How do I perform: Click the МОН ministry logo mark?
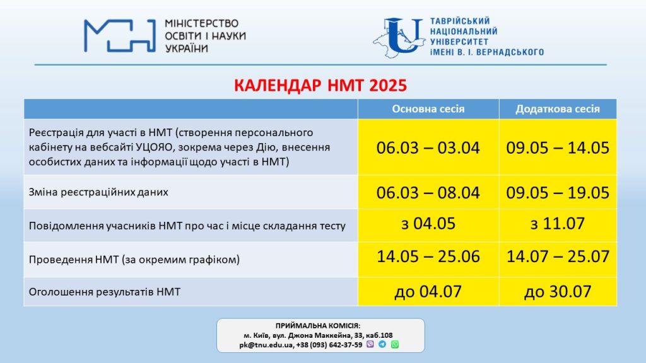(120, 36)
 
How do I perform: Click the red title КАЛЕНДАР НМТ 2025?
(320, 85)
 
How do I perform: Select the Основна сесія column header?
(428, 109)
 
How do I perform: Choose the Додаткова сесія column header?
(558, 109)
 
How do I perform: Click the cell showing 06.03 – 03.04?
(428, 147)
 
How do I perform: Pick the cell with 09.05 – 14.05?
(558, 147)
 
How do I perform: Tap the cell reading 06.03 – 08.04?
(428, 193)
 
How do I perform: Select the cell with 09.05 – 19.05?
(558, 193)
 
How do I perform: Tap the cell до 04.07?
(428, 292)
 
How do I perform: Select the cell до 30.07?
(558, 292)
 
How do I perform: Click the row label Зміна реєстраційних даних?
(98, 192)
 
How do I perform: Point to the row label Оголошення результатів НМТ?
(105, 292)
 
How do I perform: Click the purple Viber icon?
(370, 344)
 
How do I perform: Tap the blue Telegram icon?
(382, 344)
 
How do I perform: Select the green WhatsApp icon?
(395, 344)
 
